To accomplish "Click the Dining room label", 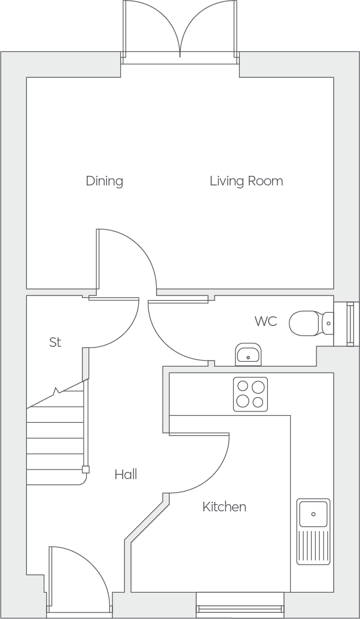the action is pos(105,181).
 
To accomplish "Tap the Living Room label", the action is pos(246,181).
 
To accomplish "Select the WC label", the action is pos(266,321).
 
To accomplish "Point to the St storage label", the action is pos(55,342).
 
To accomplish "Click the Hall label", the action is pos(126,474).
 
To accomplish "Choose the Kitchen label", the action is pos(224,507).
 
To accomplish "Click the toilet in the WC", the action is pos(311,324).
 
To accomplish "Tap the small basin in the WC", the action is pos(248,354).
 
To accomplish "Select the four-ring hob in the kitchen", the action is pos(250,394).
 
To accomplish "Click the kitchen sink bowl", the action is pos(313,514).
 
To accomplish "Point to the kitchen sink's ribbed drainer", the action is pos(313,547).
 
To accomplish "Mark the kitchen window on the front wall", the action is pos(240,605).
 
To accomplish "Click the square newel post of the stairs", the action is pos(86,469).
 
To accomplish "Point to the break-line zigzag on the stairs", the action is pos(56,391).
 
